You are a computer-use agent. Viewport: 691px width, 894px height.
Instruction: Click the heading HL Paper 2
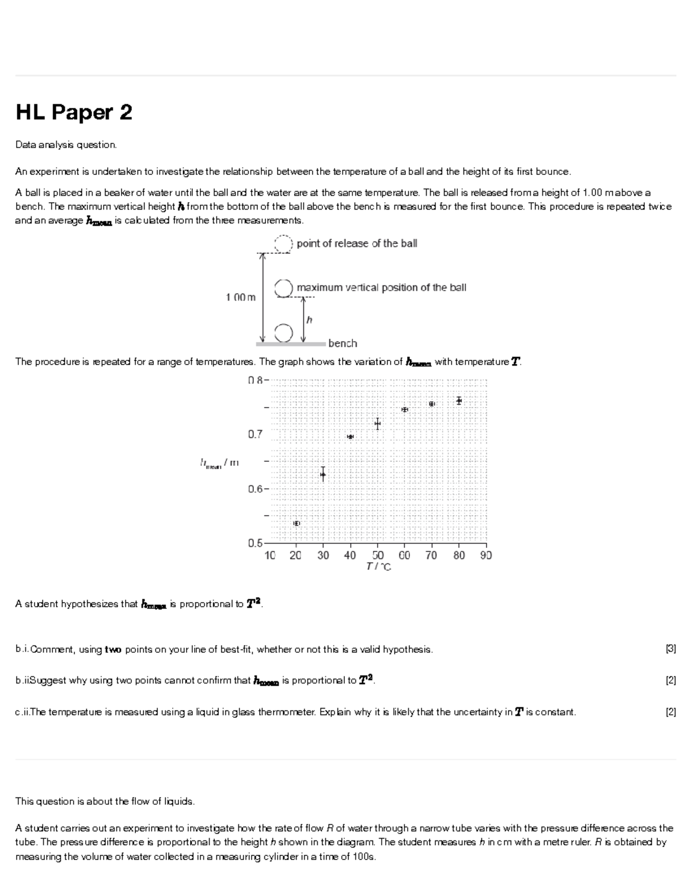click(x=74, y=112)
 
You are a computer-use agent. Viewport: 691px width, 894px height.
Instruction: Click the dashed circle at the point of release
click(x=283, y=243)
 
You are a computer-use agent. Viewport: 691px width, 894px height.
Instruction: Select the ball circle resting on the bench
click(x=283, y=332)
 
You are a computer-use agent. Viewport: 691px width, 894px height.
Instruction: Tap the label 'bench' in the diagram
click(x=343, y=344)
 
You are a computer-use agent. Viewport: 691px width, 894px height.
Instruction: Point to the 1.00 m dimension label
click(x=241, y=297)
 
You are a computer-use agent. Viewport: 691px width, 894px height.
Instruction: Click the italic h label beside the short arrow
click(x=309, y=319)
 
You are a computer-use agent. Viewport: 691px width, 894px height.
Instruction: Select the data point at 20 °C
click(x=297, y=523)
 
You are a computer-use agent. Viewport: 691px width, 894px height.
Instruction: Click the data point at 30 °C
click(x=323, y=474)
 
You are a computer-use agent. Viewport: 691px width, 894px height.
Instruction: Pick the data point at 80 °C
click(x=459, y=400)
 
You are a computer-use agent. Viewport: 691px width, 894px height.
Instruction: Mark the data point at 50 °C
click(x=377, y=424)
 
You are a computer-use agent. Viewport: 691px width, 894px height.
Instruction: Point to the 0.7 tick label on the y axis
click(x=255, y=435)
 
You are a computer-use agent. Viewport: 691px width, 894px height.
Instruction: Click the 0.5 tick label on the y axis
click(x=255, y=543)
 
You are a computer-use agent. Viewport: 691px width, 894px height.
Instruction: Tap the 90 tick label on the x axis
click(x=486, y=556)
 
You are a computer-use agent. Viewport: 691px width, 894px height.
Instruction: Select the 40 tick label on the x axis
click(x=350, y=556)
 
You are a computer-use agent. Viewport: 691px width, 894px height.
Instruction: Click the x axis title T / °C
click(x=378, y=567)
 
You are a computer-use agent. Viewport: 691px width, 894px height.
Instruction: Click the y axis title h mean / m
click(x=219, y=463)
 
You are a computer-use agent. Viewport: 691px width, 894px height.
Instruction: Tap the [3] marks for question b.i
click(x=670, y=649)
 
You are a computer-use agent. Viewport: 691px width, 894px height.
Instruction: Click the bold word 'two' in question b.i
click(x=113, y=649)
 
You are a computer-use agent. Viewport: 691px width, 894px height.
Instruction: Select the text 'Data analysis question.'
click(x=66, y=145)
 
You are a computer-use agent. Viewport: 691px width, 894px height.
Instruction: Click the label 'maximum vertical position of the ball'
click(x=381, y=287)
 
